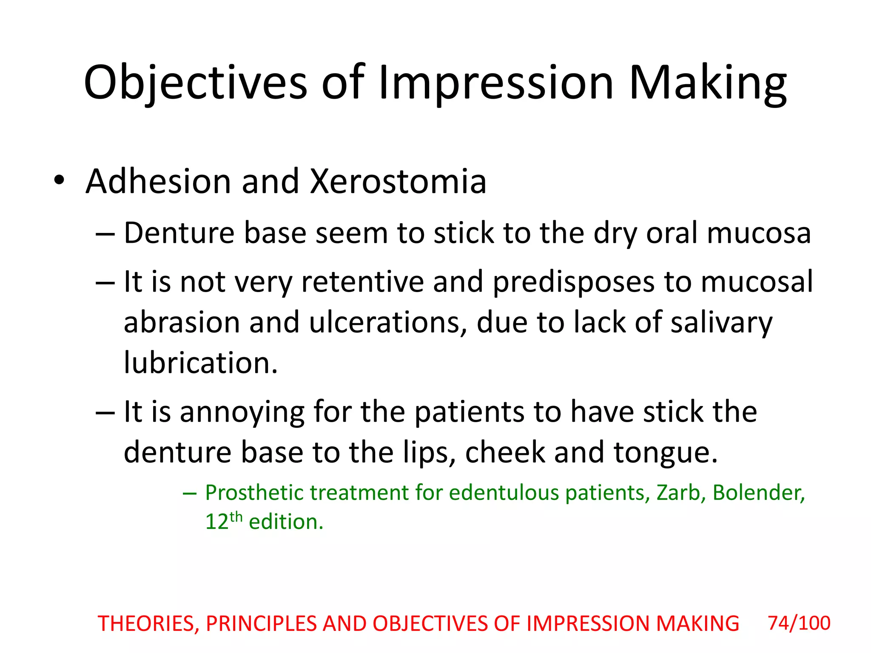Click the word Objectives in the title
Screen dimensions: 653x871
(x=195, y=83)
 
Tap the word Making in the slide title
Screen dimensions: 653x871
(x=707, y=83)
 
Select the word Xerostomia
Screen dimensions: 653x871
(x=398, y=182)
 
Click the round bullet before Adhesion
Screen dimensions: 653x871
(x=59, y=180)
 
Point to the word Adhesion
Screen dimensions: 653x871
(x=158, y=182)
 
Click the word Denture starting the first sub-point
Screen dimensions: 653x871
(x=179, y=233)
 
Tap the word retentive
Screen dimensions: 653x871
(x=362, y=282)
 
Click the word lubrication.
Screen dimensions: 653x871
(x=201, y=363)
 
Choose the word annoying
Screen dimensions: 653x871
(x=242, y=412)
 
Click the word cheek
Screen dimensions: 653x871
(x=505, y=452)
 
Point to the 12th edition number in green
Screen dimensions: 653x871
(x=224, y=521)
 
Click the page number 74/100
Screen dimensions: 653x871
(x=799, y=623)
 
